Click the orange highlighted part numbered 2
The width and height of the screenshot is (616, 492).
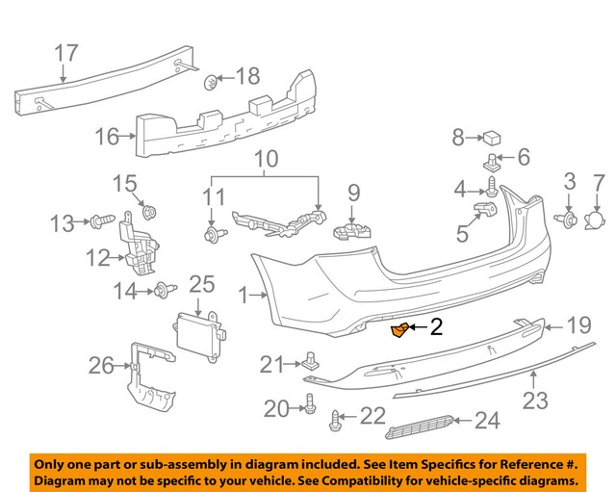point(399,331)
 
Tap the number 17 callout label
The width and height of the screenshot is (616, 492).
point(66,54)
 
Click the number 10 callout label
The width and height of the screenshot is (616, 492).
point(266,157)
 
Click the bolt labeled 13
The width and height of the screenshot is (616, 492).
point(100,222)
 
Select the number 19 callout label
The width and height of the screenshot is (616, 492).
point(578,326)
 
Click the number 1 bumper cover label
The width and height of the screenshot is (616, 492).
point(243,297)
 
